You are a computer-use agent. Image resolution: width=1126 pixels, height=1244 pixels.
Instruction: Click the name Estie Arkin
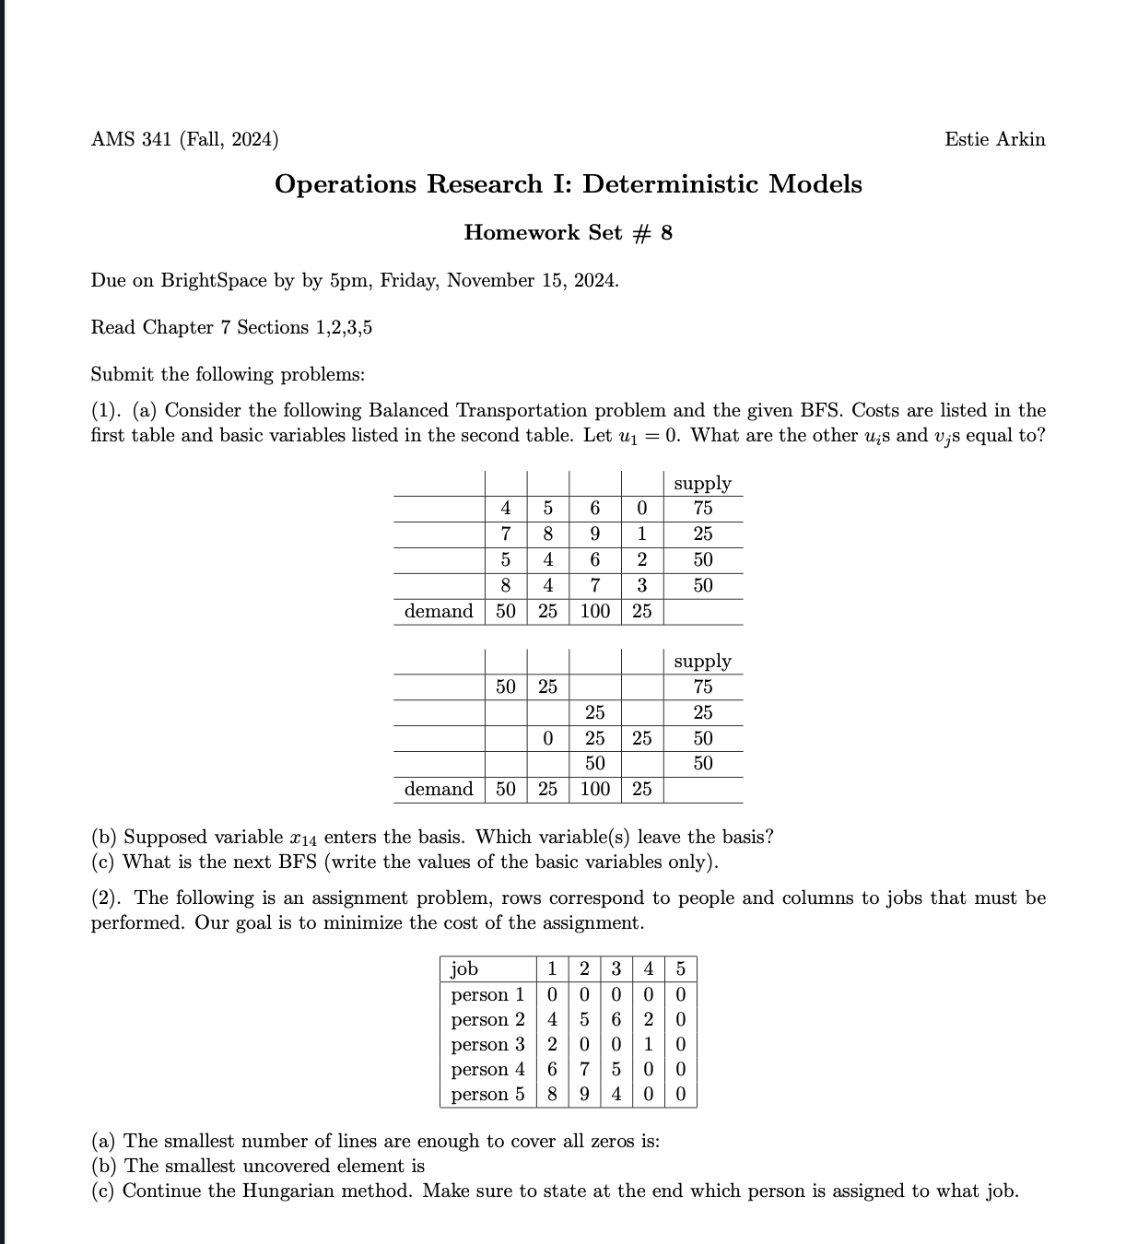pyautogui.click(x=994, y=139)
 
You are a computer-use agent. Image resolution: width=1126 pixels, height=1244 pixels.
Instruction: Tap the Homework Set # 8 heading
pyautogui.click(x=568, y=232)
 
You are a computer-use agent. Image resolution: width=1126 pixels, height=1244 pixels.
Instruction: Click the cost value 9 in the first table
pyautogui.click(x=595, y=534)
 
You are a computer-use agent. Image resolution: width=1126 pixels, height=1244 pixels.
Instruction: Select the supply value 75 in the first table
pyautogui.click(x=702, y=508)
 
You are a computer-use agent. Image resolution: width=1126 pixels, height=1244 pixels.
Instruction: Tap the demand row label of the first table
pyautogui.click(x=439, y=611)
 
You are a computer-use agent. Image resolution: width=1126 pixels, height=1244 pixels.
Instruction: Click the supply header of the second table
pyautogui.click(x=702, y=662)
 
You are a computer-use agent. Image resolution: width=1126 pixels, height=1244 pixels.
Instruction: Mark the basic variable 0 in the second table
pyautogui.click(x=547, y=738)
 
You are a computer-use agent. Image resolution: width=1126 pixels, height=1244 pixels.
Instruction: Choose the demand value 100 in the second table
pyautogui.click(x=595, y=789)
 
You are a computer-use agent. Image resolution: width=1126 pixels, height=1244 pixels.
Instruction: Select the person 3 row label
pyautogui.click(x=487, y=1045)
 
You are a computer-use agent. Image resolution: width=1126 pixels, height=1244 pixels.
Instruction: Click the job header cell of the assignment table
pyautogui.click(x=464, y=969)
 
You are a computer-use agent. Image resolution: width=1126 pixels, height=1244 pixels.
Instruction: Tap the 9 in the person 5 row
pyautogui.click(x=585, y=1095)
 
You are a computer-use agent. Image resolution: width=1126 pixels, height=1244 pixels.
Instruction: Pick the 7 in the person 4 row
pyautogui.click(x=585, y=1070)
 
